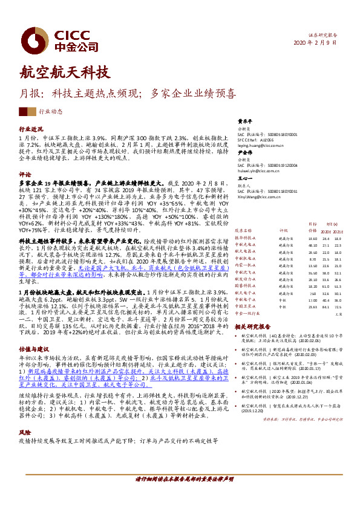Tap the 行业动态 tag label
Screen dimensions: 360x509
point(50,112)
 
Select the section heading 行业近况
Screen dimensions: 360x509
point(31,129)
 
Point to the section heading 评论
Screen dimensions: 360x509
point(25,173)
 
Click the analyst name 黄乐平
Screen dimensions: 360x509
point(244,120)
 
